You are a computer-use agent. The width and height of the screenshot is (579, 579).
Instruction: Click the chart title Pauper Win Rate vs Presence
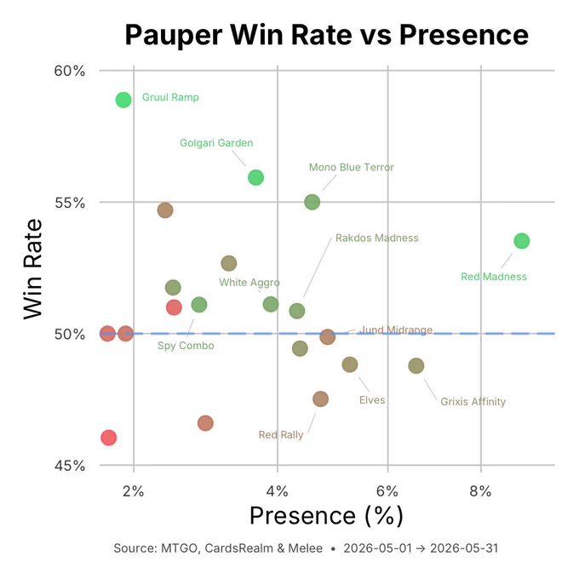click(x=326, y=35)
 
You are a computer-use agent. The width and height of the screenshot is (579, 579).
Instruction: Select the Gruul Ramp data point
click(x=123, y=100)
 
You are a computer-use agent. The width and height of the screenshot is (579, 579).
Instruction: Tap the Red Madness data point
click(x=522, y=241)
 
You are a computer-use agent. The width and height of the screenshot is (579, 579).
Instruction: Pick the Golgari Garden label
click(x=216, y=143)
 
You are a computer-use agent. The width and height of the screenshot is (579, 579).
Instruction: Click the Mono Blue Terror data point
click(x=312, y=202)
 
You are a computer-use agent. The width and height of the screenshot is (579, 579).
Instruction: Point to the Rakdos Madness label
click(x=377, y=238)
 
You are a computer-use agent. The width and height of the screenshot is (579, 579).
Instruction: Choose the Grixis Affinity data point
click(x=416, y=366)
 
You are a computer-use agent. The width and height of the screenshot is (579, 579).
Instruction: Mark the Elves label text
click(x=372, y=400)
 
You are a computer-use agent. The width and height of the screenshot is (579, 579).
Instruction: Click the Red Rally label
click(x=281, y=434)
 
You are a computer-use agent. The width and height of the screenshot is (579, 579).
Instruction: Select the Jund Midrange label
click(x=396, y=330)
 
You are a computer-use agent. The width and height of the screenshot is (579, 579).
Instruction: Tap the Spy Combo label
click(x=186, y=346)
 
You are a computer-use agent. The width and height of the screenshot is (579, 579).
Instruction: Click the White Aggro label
click(x=249, y=283)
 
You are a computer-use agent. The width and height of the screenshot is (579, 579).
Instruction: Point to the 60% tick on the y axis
click(x=70, y=71)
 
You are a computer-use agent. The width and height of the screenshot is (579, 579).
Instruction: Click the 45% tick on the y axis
click(x=70, y=466)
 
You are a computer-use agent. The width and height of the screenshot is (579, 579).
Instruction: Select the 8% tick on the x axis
click(x=480, y=491)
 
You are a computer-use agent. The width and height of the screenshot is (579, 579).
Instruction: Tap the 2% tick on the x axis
click(x=134, y=491)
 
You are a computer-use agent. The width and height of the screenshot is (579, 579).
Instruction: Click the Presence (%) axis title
click(x=326, y=515)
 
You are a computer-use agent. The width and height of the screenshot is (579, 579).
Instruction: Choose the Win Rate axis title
click(x=33, y=269)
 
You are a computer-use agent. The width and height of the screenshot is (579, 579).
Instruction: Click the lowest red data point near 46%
click(x=109, y=438)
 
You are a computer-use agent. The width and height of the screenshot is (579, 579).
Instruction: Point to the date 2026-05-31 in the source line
click(x=464, y=548)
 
